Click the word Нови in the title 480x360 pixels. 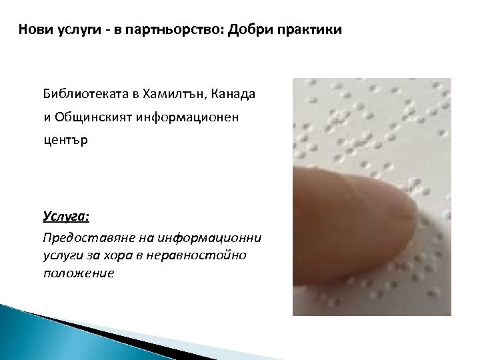(34, 30)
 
